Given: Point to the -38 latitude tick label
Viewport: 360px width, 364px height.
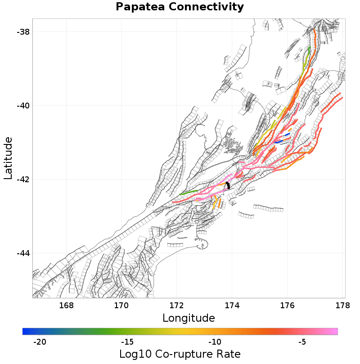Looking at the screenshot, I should (x=23, y=32).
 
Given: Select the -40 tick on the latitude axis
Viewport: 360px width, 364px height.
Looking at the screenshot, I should (x=23, y=106).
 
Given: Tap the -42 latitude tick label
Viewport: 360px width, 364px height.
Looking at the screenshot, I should (x=23, y=180).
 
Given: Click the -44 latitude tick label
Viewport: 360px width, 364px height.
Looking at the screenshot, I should (x=23, y=253).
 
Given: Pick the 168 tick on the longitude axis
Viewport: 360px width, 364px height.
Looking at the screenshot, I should (x=66, y=306).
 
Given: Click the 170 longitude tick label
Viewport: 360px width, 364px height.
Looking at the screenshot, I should (x=121, y=306).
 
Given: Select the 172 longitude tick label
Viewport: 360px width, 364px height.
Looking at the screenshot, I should (x=177, y=306).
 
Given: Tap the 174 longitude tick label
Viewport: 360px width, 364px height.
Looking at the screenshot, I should (x=232, y=306).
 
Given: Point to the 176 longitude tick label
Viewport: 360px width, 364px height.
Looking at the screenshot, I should (x=288, y=306).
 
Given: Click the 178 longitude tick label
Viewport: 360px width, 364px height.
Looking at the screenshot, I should (x=342, y=306).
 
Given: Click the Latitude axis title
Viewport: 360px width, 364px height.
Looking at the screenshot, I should (x=9, y=158).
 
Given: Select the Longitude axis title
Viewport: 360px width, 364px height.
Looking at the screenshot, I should (x=189, y=318).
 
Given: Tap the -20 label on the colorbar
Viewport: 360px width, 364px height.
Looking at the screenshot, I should (x=40, y=342).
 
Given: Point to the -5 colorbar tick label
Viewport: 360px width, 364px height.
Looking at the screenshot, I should (x=302, y=342).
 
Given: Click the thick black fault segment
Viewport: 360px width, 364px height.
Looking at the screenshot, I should (x=228, y=185).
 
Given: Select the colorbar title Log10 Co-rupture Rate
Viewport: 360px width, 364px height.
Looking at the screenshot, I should (x=180, y=354).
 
